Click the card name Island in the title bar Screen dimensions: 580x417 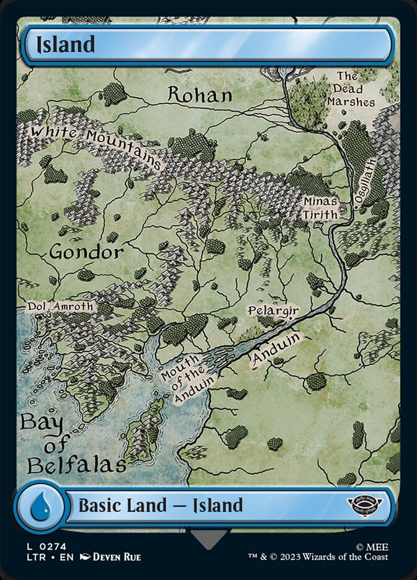click(65, 45)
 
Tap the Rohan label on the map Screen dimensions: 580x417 click(200, 95)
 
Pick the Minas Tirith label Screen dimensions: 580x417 click(320, 208)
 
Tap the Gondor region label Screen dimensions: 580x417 click(86, 252)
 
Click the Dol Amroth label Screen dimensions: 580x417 click(60, 306)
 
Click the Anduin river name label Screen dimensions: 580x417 click(277, 351)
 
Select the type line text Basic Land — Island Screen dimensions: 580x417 click(160, 506)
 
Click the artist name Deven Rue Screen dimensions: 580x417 click(116, 557)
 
